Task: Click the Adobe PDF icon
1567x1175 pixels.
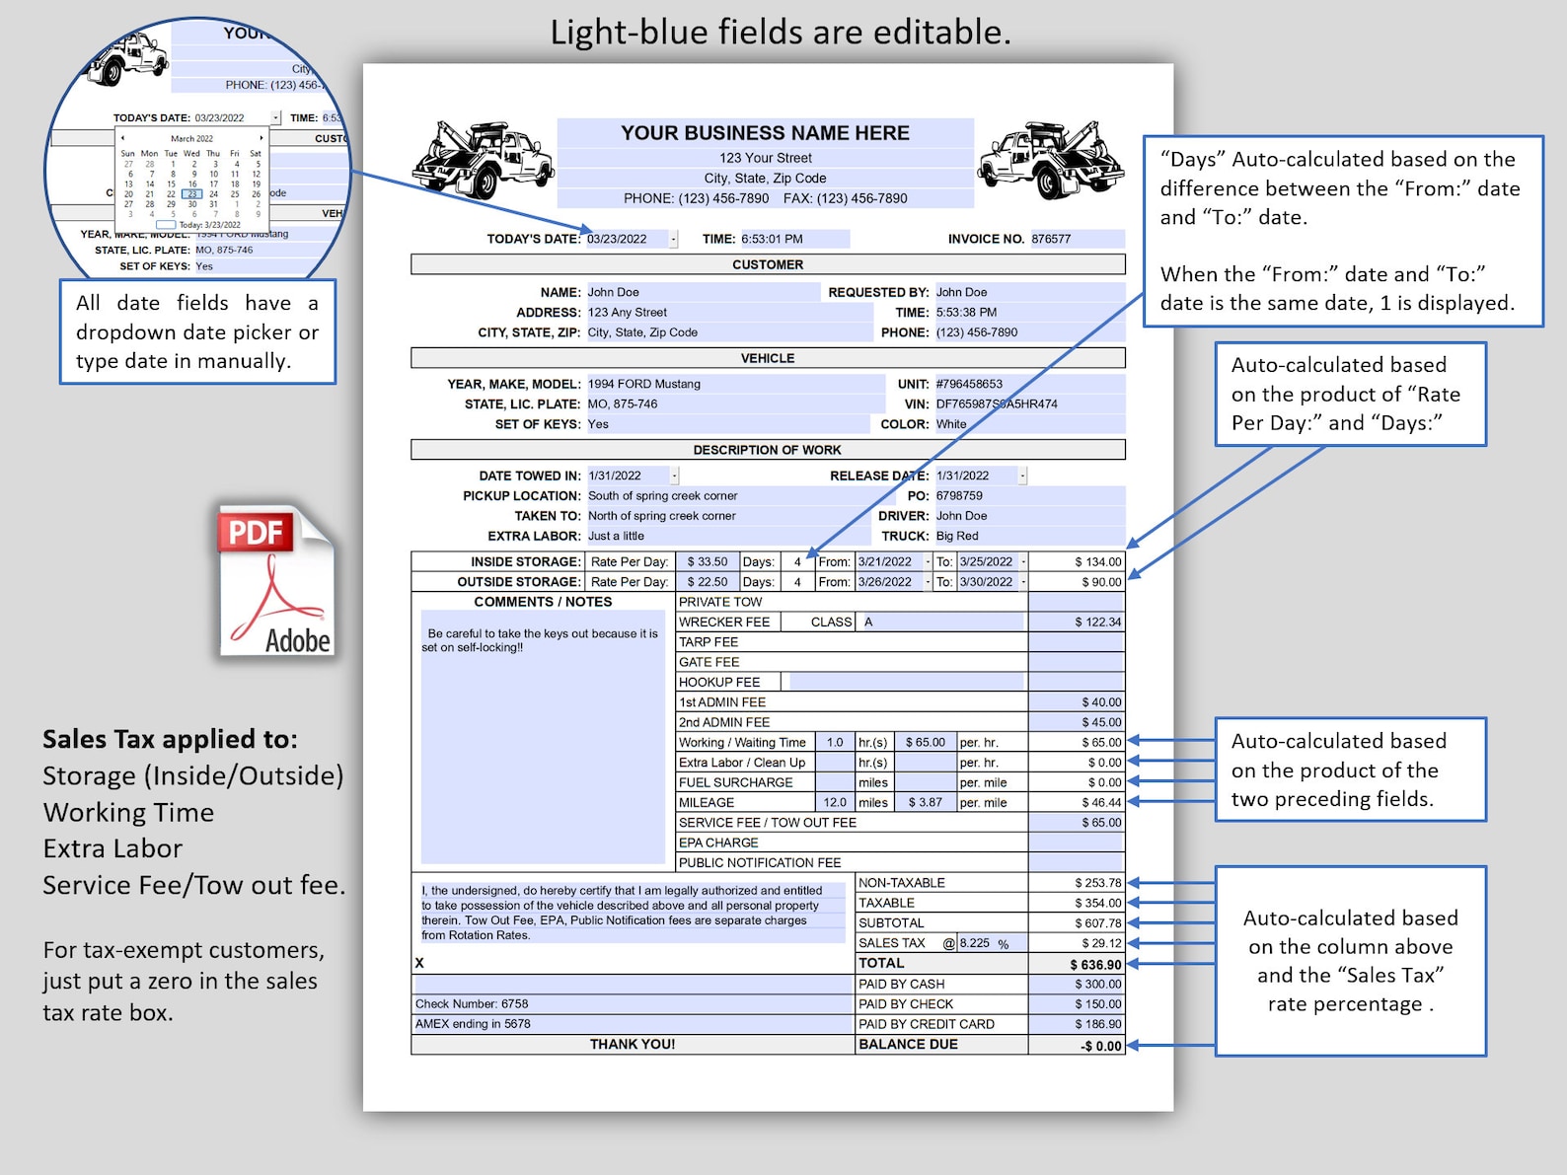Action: (x=275, y=582)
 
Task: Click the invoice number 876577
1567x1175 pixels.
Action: (x=1052, y=239)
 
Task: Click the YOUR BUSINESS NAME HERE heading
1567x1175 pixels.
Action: (x=765, y=133)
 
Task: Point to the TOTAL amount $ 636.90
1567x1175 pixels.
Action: (x=1095, y=965)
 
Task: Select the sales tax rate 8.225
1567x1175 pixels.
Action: (x=975, y=943)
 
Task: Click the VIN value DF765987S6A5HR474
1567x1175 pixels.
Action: (x=997, y=404)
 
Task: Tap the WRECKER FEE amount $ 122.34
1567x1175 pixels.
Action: (x=1097, y=623)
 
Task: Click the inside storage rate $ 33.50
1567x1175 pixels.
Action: (x=708, y=562)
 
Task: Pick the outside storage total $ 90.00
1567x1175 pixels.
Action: (x=1101, y=582)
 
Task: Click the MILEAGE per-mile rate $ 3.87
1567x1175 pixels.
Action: (x=925, y=803)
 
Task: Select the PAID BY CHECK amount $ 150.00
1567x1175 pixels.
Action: (x=1097, y=1004)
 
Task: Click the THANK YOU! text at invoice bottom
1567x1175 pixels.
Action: (x=633, y=1044)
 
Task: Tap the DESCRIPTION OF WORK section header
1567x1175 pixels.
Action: (x=767, y=450)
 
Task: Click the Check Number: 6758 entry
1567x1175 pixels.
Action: (x=472, y=1004)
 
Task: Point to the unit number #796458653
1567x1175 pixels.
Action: (x=969, y=384)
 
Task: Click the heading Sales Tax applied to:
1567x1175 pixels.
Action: (x=170, y=739)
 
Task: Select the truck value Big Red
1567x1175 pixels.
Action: (x=957, y=536)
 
